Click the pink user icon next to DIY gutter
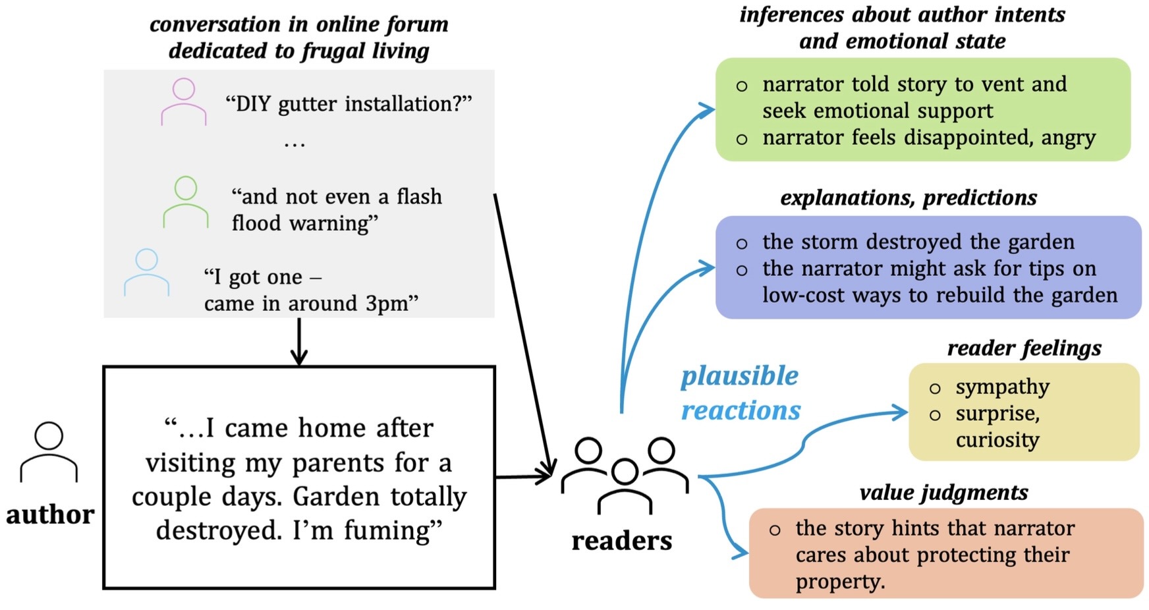point(183,102)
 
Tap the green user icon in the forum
point(186,202)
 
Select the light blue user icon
point(146,272)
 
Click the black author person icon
point(49,453)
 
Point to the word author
point(50,514)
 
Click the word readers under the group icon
point(621,541)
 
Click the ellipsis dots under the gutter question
point(294,144)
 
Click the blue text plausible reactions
point(740,393)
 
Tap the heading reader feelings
point(1024,348)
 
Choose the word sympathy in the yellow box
point(1002,387)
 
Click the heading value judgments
point(943,492)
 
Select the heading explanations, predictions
point(908,198)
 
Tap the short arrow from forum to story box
point(299,343)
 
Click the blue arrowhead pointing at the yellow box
point(900,412)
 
